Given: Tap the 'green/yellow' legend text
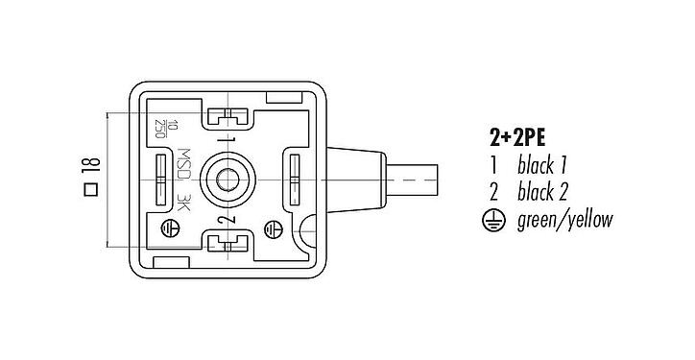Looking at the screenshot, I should [565, 221].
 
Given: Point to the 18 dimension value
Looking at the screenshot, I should [88, 171].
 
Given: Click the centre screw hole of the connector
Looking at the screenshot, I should [229, 179].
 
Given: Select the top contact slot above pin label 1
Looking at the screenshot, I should [227, 118].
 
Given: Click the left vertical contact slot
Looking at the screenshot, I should [158, 179].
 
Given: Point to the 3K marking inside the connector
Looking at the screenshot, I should [184, 204].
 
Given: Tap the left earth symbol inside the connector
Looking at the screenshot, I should [169, 228].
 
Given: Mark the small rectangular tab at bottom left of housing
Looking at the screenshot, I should [171, 261].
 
